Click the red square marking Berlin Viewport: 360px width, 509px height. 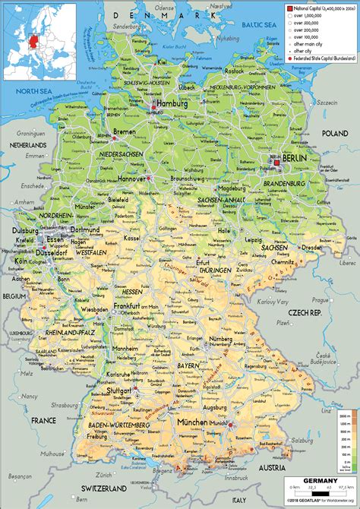point(277,162)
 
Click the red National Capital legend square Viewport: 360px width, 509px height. point(289,7)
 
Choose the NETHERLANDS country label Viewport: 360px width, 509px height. point(28,143)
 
